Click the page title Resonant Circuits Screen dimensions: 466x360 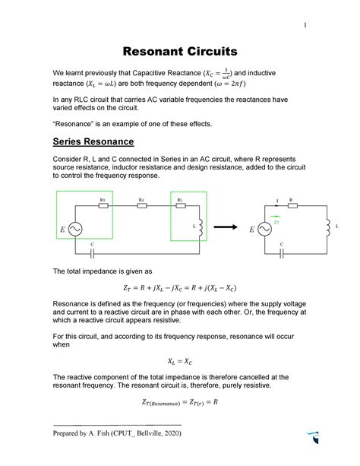[180, 52]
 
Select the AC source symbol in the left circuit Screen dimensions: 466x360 [77, 229]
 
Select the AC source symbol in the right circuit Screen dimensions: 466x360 [265, 229]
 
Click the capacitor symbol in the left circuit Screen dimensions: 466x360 [91, 253]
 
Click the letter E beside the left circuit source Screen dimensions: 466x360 [62, 230]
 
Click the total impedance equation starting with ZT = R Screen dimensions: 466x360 [180, 289]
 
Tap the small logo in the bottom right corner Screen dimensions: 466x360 [314, 439]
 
